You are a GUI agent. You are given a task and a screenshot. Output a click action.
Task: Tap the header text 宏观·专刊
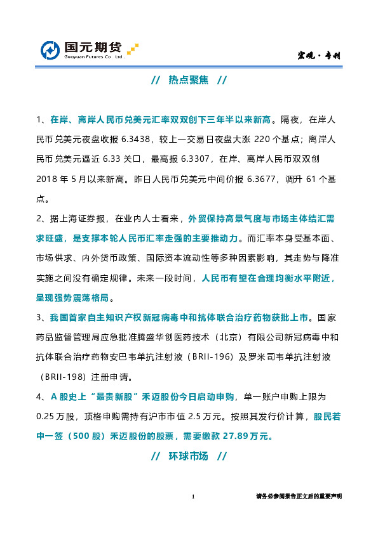[x=320, y=56]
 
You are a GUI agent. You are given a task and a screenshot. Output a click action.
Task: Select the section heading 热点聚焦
[x=188, y=81]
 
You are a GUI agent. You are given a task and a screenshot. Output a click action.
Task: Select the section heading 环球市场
[x=188, y=457]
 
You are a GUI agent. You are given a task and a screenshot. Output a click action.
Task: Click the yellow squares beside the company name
[x=132, y=49]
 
